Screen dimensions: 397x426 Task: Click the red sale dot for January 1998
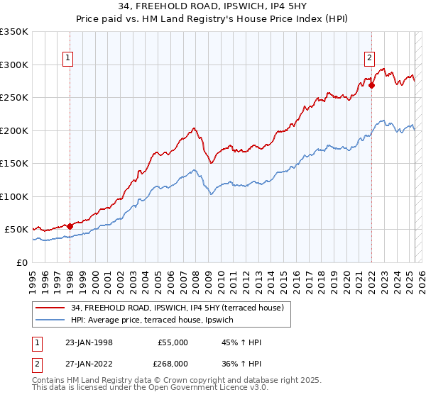click(x=70, y=226)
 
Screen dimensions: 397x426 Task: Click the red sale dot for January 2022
click(x=371, y=86)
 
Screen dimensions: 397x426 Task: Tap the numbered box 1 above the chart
click(x=67, y=58)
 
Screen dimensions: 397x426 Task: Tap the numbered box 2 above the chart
click(x=370, y=58)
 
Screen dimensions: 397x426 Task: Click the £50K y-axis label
click(x=16, y=230)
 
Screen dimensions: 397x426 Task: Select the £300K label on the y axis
click(x=13, y=65)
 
